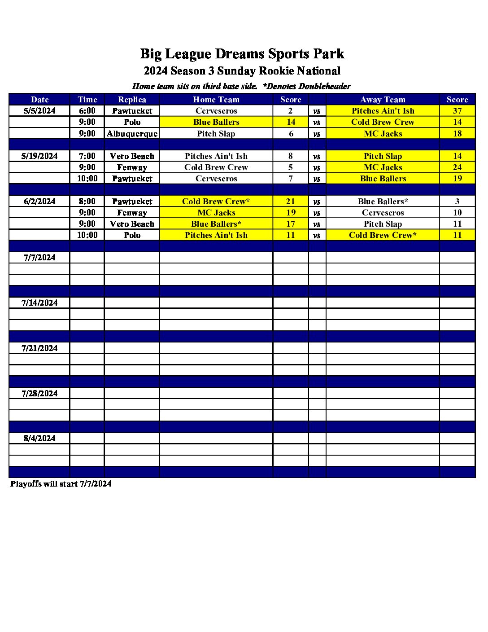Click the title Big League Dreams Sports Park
click(x=242, y=54)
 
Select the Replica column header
click(x=132, y=100)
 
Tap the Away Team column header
click(x=383, y=100)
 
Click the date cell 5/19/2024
click(x=39, y=156)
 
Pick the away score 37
click(x=457, y=111)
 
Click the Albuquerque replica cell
click(x=132, y=134)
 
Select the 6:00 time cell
click(x=87, y=111)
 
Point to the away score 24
click(x=457, y=167)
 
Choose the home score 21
click(x=291, y=202)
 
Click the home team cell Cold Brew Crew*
click(x=216, y=202)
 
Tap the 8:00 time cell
click(x=87, y=202)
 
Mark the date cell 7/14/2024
click(x=39, y=303)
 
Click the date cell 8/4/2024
click(x=39, y=439)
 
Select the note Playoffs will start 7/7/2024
click(x=61, y=484)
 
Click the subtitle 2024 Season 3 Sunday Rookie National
click(x=242, y=71)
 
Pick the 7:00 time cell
click(x=87, y=156)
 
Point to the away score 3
click(x=457, y=202)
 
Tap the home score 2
click(x=291, y=111)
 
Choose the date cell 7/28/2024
click(x=39, y=394)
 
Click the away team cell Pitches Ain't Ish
click(x=383, y=111)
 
